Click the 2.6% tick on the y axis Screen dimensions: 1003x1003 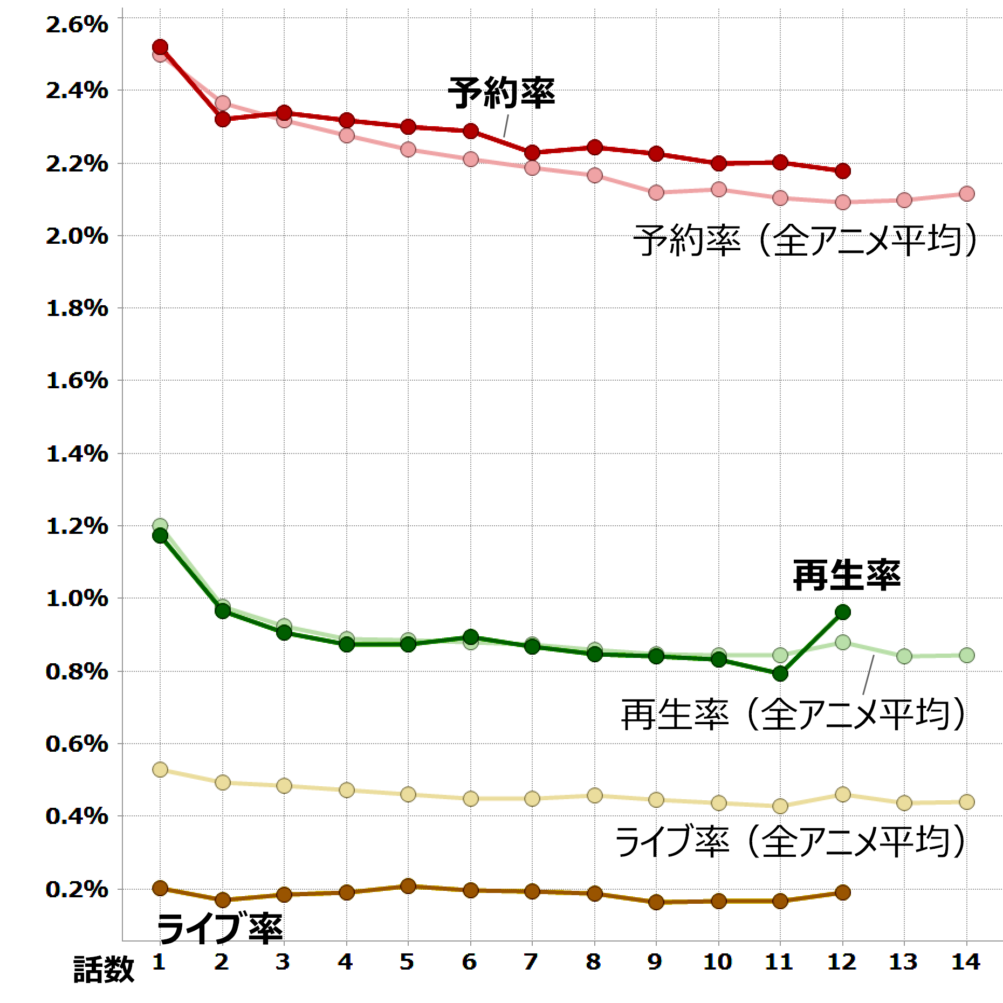click(77, 24)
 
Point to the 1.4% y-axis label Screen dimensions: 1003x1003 click(77, 454)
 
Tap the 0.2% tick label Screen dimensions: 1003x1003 click(77, 889)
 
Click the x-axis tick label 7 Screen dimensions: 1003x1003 click(532, 961)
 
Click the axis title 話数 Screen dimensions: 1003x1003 click(104, 969)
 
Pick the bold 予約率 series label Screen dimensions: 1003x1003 click(501, 93)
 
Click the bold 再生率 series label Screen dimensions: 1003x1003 click(846, 575)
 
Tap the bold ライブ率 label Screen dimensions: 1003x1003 click(219, 927)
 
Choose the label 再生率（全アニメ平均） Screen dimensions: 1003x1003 click(793, 714)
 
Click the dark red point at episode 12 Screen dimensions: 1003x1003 click(842, 171)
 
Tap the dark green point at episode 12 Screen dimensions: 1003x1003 click(842, 612)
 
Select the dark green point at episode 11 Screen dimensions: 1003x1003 click(780, 674)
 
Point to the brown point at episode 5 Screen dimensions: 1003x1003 click(408, 886)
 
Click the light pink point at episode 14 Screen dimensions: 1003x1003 click(967, 194)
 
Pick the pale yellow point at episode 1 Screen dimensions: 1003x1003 click(160, 770)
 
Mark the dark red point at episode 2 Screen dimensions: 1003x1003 click(222, 119)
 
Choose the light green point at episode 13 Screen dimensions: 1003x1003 click(905, 656)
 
